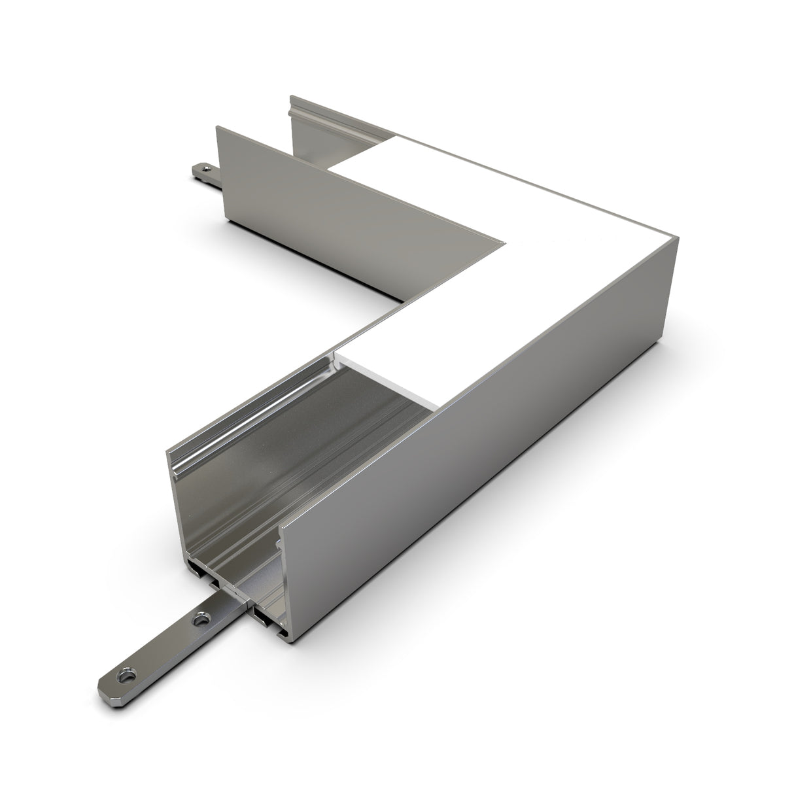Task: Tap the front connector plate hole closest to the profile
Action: (x=201, y=617)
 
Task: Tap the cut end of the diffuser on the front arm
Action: (x=386, y=379)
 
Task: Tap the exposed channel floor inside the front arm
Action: (x=314, y=458)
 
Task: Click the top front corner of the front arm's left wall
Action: (x=167, y=450)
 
